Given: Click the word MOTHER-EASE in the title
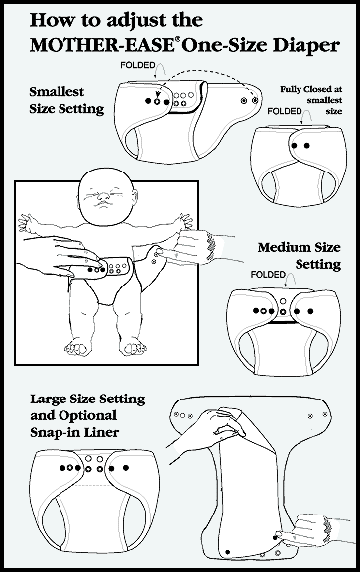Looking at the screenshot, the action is (101, 45).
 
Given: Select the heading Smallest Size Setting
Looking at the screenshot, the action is (66, 100).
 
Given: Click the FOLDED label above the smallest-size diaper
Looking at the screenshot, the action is (138, 65).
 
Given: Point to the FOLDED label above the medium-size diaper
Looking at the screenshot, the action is (268, 274).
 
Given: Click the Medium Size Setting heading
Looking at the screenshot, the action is (300, 256).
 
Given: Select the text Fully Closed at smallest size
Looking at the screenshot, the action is (311, 100).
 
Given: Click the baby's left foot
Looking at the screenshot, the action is (133, 347).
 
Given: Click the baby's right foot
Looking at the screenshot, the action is (77, 347).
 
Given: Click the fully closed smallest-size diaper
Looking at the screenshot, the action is (299, 165).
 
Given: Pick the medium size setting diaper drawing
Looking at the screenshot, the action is (284, 331).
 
